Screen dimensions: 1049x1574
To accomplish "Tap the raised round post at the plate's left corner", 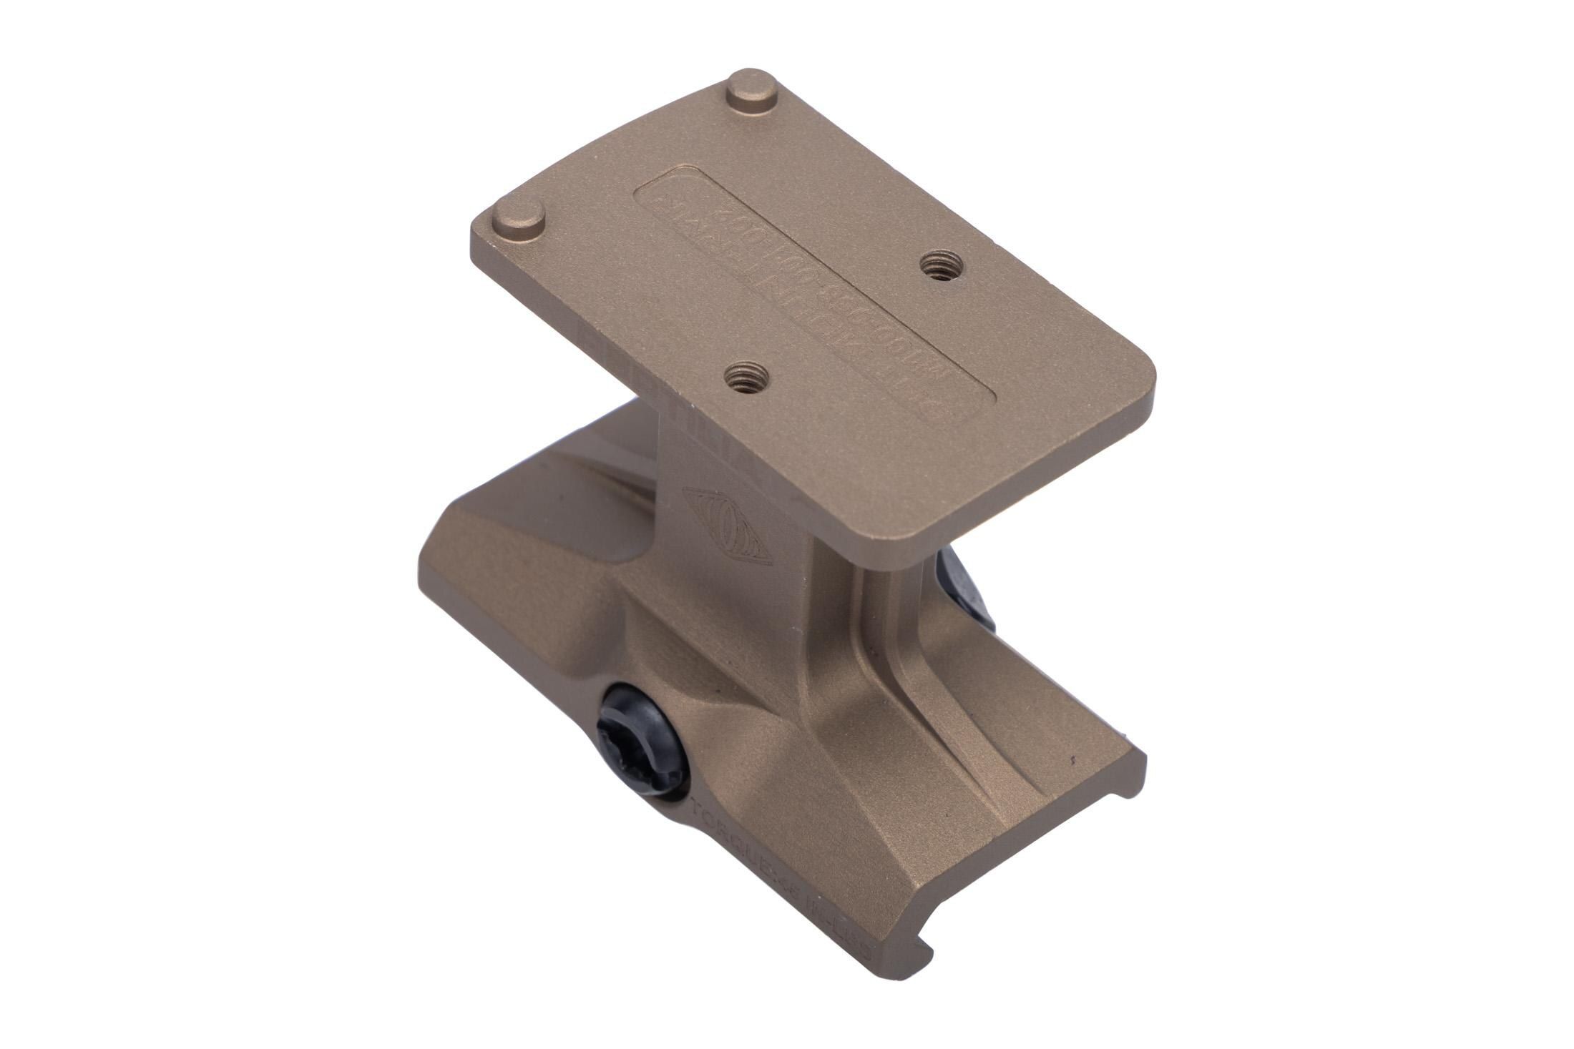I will coord(517,222).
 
